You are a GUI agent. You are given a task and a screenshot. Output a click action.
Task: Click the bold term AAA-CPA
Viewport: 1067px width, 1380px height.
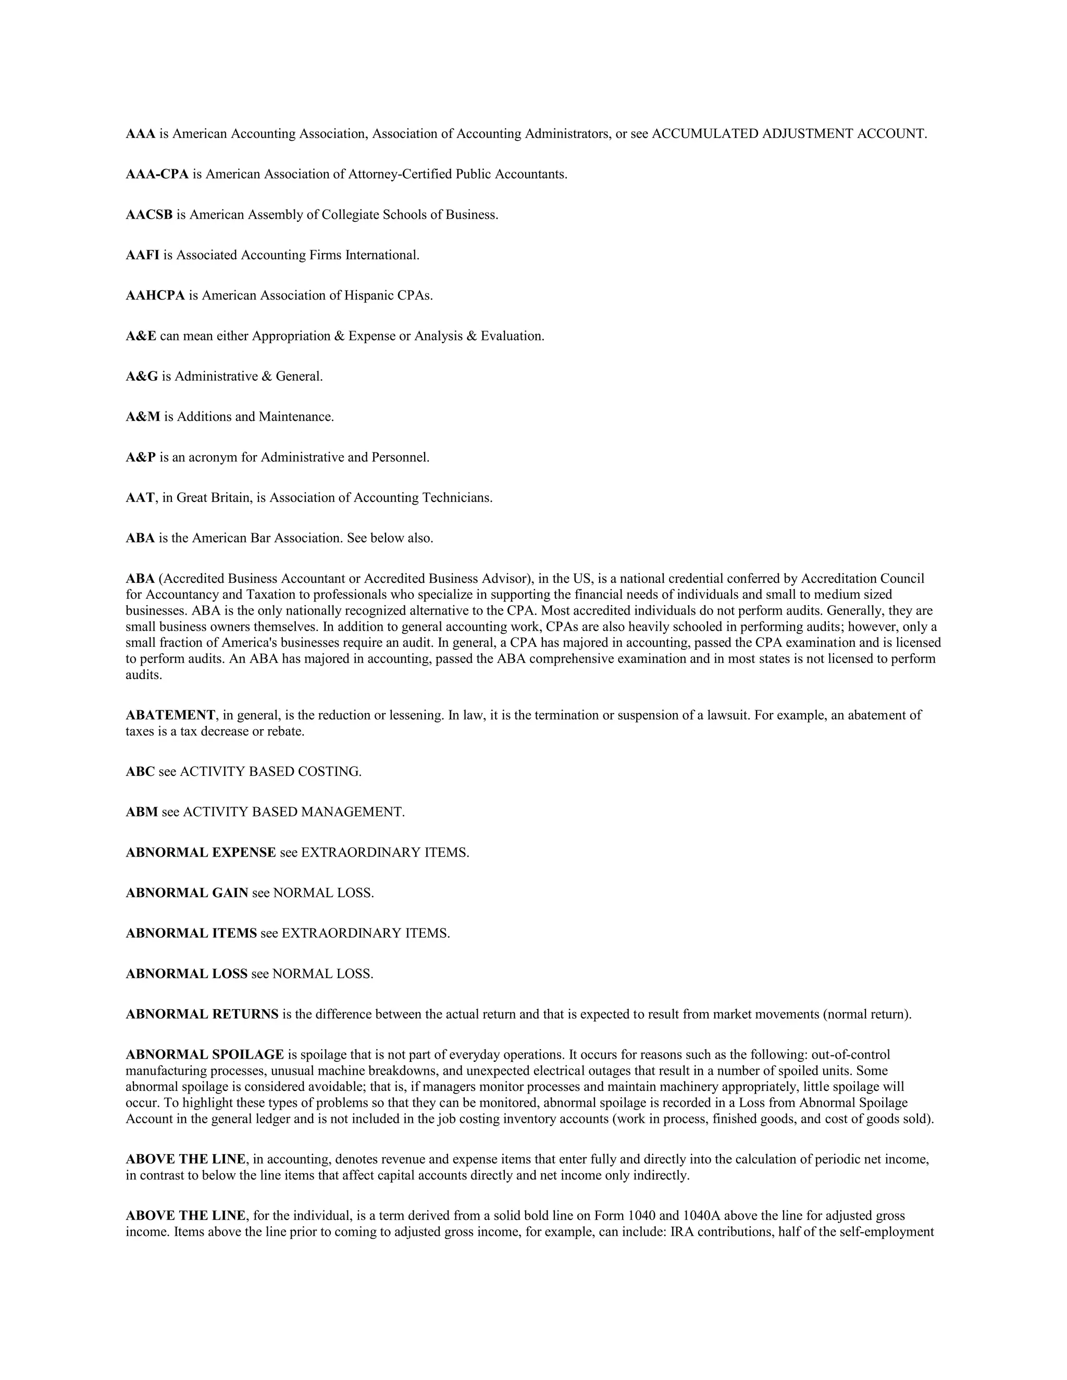157,174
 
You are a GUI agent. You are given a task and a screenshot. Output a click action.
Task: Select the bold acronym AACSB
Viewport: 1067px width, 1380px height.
149,215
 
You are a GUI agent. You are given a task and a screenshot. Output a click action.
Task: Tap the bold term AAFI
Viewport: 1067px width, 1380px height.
142,255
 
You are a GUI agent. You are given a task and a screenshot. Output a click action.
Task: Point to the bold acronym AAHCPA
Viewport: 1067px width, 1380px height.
155,296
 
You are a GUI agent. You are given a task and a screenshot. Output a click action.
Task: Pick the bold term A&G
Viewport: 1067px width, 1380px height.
142,377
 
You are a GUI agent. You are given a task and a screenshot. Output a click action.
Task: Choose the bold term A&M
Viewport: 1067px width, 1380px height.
143,417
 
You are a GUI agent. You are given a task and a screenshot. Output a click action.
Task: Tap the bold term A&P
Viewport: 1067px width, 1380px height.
140,457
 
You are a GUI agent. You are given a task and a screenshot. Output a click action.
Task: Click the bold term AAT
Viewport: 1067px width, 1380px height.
140,498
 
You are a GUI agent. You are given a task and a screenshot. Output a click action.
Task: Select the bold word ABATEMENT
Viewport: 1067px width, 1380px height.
170,716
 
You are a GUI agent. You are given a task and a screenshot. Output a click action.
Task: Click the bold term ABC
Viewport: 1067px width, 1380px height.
140,772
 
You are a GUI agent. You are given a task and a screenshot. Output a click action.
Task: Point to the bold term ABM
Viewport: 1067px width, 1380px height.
142,812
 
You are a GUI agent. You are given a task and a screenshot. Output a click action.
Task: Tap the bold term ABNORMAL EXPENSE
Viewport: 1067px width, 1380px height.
201,852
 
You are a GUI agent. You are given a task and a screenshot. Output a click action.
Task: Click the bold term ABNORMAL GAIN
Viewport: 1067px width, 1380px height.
187,893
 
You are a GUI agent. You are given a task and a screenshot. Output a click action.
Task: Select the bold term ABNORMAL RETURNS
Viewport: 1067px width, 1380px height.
202,1014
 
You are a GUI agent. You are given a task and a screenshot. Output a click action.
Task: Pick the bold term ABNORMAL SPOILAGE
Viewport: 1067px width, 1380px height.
205,1055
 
